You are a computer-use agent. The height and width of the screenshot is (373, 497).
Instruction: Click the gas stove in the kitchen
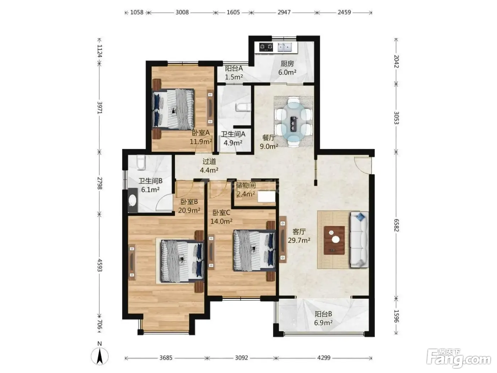click(x=266, y=47)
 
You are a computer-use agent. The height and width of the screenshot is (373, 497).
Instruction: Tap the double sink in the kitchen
click(x=285, y=47)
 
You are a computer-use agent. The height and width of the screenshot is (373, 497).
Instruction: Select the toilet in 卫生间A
click(x=243, y=107)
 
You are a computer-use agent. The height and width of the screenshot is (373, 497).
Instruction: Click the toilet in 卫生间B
click(x=141, y=162)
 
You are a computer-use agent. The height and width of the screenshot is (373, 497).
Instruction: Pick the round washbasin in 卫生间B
click(x=133, y=200)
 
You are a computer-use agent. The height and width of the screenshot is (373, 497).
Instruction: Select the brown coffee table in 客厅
click(x=334, y=240)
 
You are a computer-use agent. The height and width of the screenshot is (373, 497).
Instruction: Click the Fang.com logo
click(x=458, y=360)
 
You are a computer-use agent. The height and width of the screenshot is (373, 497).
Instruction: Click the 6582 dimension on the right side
click(x=396, y=225)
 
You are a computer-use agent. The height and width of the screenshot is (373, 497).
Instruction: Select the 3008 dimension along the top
click(x=182, y=12)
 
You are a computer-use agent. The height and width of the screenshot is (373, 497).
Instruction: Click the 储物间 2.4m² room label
click(x=246, y=190)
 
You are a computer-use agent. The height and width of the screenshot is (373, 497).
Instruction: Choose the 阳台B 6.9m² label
click(x=323, y=318)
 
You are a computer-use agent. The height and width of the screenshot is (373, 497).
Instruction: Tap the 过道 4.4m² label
click(x=209, y=166)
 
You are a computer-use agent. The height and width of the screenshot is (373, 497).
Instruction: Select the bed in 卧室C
click(x=255, y=250)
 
